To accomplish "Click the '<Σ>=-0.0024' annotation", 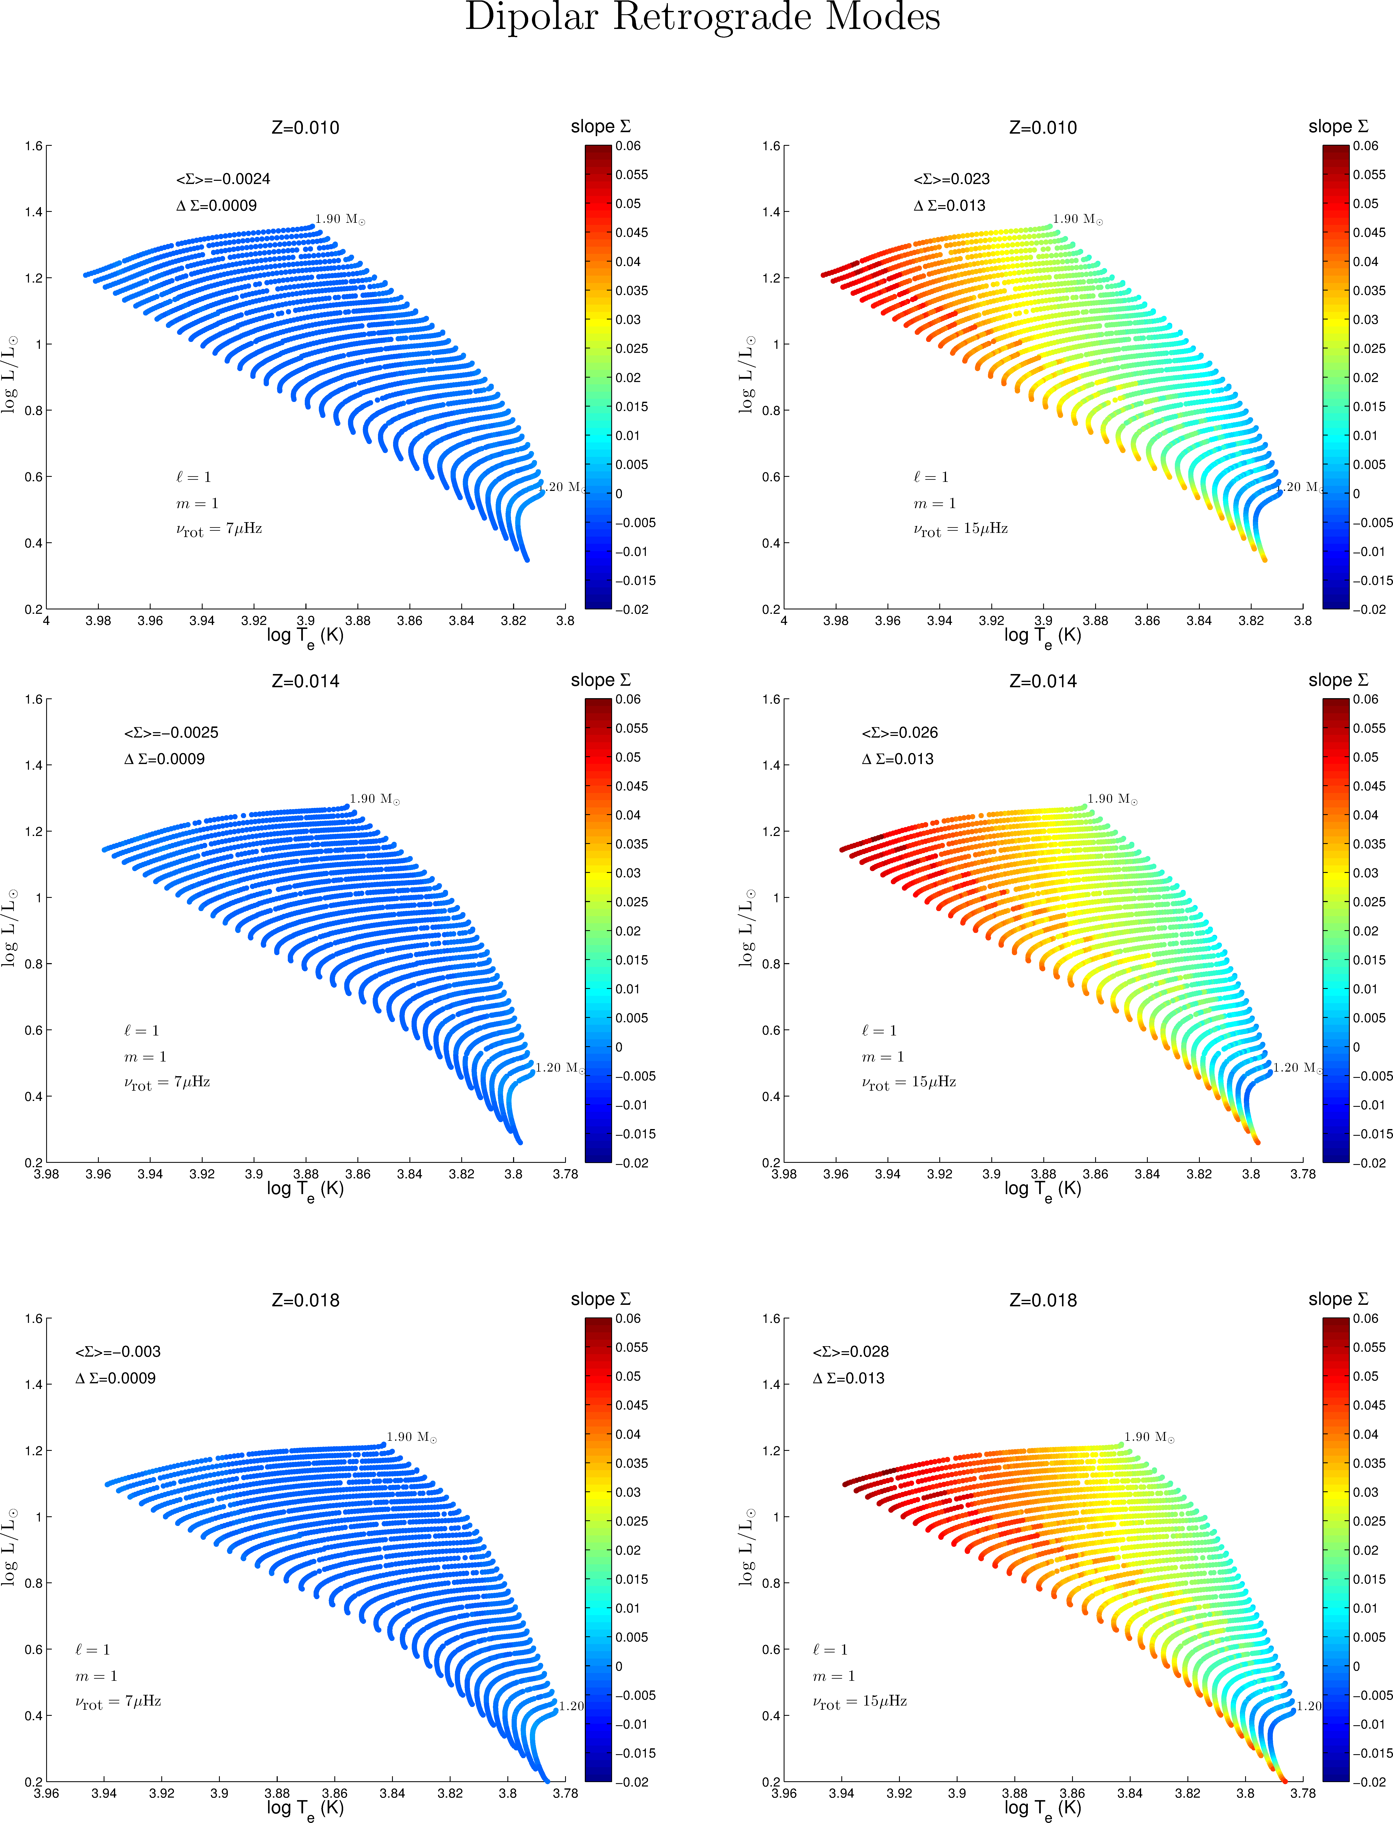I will pos(223,179).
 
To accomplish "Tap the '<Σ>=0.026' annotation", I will pos(900,732).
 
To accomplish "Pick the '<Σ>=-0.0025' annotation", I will pos(171,732).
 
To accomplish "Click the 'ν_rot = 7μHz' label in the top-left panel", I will pos(219,529).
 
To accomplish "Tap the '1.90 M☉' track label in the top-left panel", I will pos(340,219).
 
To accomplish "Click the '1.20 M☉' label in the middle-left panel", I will pos(560,1067).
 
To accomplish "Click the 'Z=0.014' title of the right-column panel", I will pos(1042,681).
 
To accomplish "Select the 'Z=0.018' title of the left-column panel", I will pos(305,1300).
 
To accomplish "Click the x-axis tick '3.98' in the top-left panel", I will pos(98,620).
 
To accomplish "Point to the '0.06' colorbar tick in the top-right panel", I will pos(1366,146).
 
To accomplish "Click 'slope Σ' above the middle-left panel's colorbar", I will pos(600,680).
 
